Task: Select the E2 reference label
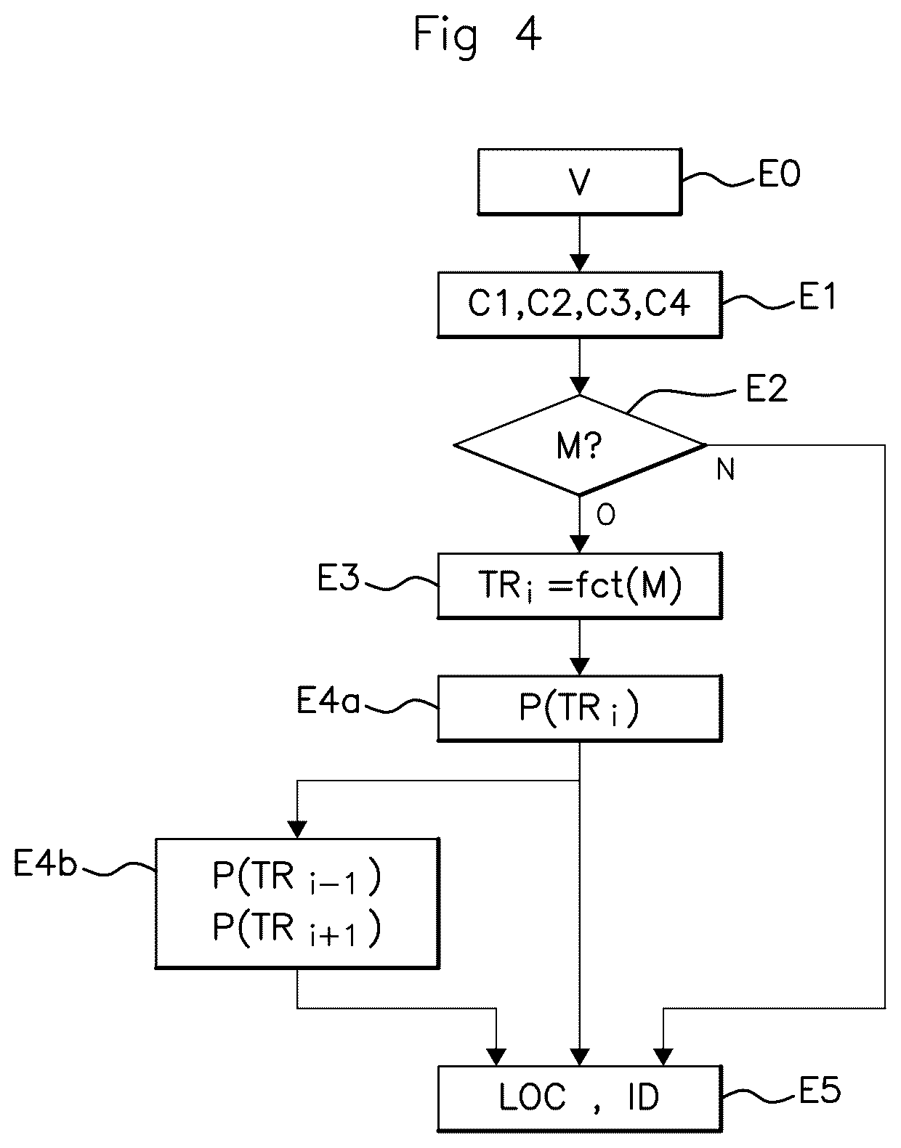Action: tap(767, 388)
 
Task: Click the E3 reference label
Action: tap(338, 577)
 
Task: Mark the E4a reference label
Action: tap(328, 701)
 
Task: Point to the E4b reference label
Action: tap(46, 863)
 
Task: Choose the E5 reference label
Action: tap(820, 1091)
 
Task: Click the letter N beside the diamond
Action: tap(726, 469)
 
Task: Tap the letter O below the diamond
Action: tap(605, 514)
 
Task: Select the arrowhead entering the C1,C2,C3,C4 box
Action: tap(580, 263)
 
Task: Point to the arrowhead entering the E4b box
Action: tap(297, 829)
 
